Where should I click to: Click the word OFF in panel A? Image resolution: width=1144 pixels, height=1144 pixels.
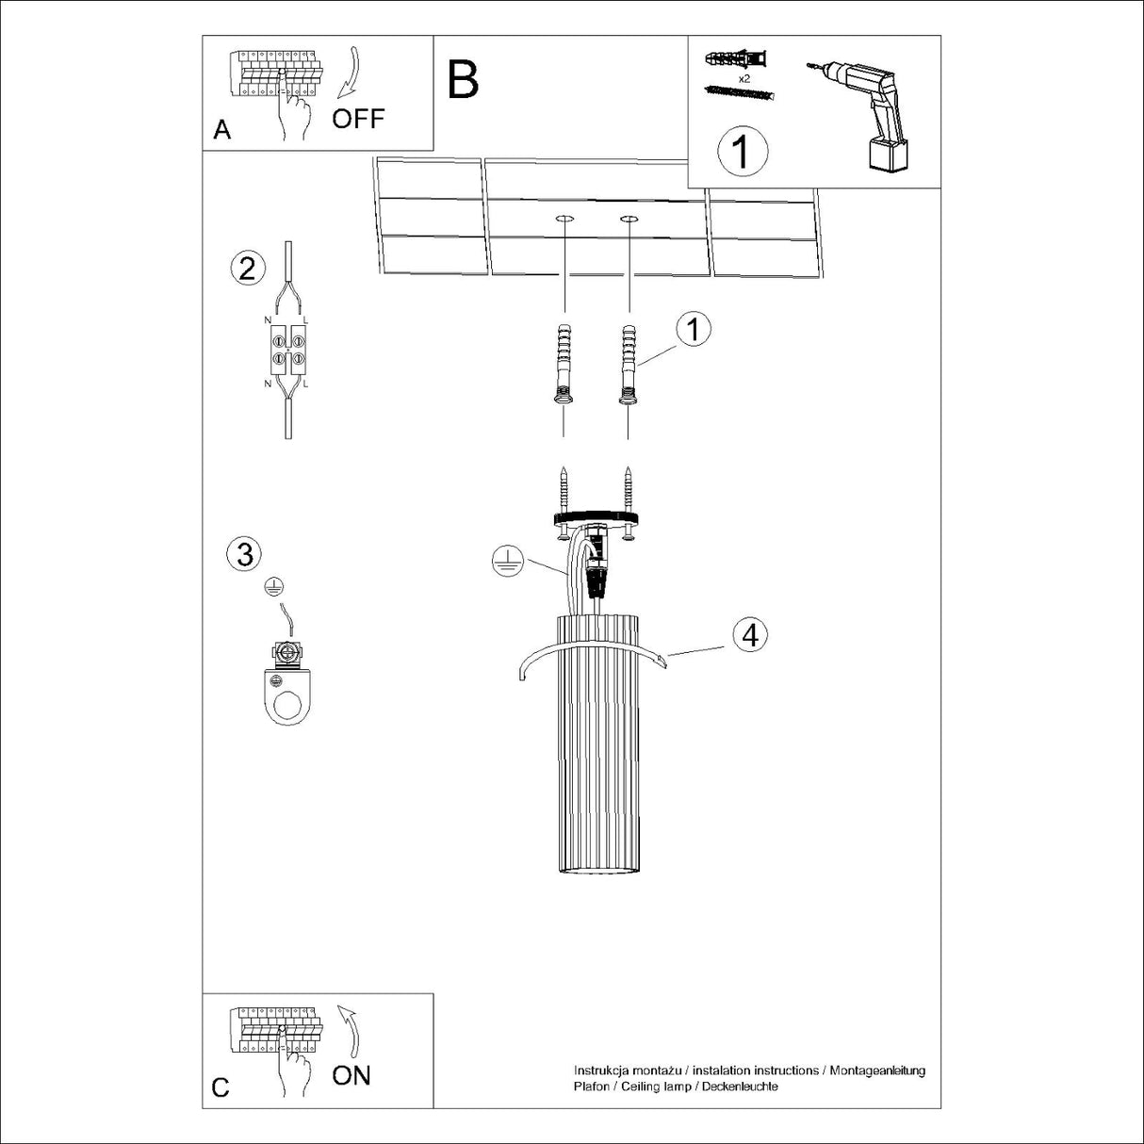pyautogui.click(x=358, y=119)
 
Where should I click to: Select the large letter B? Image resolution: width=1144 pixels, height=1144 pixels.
pyautogui.click(x=463, y=79)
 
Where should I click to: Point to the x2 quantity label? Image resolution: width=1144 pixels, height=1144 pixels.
pyautogui.click(x=744, y=78)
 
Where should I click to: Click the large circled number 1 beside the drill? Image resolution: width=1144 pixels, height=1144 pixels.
pyautogui.click(x=743, y=152)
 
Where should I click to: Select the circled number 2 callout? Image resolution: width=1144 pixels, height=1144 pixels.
pyautogui.click(x=247, y=269)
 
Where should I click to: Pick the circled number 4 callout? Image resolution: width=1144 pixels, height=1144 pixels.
pyautogui.click(x=750, y=635)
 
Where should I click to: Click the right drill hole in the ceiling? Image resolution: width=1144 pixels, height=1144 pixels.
pyautogui.click(x=629, y=221)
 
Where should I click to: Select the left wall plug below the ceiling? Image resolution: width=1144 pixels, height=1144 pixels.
pyautogui.click(x=564, y=364)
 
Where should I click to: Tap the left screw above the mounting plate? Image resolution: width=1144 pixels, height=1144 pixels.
pyautogui.click(x=564, y=491)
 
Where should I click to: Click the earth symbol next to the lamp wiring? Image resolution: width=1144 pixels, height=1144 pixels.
pyautogui.click(x=507, y=561)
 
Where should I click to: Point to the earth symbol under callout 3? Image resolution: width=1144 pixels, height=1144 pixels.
pyautogui.click(x=273, y=587)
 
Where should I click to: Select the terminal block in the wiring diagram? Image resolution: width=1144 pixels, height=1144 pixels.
pyautogui.click(x=288, y=350)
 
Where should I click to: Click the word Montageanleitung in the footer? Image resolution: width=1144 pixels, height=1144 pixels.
pyautogui.click(x=877, y=1071)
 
